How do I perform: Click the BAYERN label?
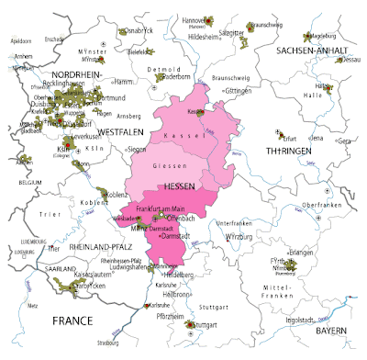tap(332, 328)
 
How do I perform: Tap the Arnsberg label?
tap(128, 117)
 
